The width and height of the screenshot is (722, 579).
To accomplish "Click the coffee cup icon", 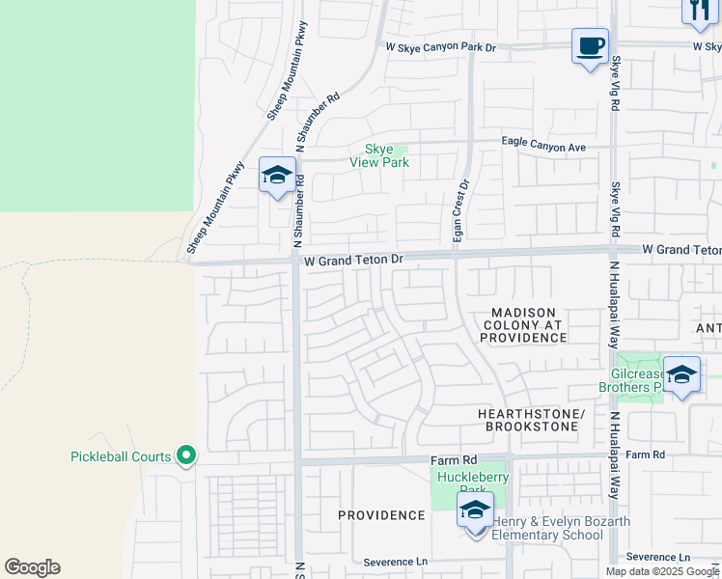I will pos(590,45).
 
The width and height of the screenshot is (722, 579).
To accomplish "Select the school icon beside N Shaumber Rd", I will pos(277,176).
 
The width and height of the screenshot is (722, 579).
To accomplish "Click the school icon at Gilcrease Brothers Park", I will pos(681,374).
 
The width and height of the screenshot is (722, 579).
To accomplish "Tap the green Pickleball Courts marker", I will pos(187,455).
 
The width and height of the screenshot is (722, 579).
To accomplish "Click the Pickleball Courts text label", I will pos(121,456).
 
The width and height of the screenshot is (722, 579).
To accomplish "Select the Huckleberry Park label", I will pos(472,483).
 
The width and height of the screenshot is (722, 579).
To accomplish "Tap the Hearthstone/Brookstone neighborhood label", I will pos(531,420).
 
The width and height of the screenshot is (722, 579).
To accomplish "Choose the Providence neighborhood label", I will pos(381,515).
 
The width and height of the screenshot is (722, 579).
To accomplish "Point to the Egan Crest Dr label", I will pos(460,211).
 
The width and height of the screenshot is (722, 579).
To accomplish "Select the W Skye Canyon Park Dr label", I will pos(440,46).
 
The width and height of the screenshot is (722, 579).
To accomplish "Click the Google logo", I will pos(32,567).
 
